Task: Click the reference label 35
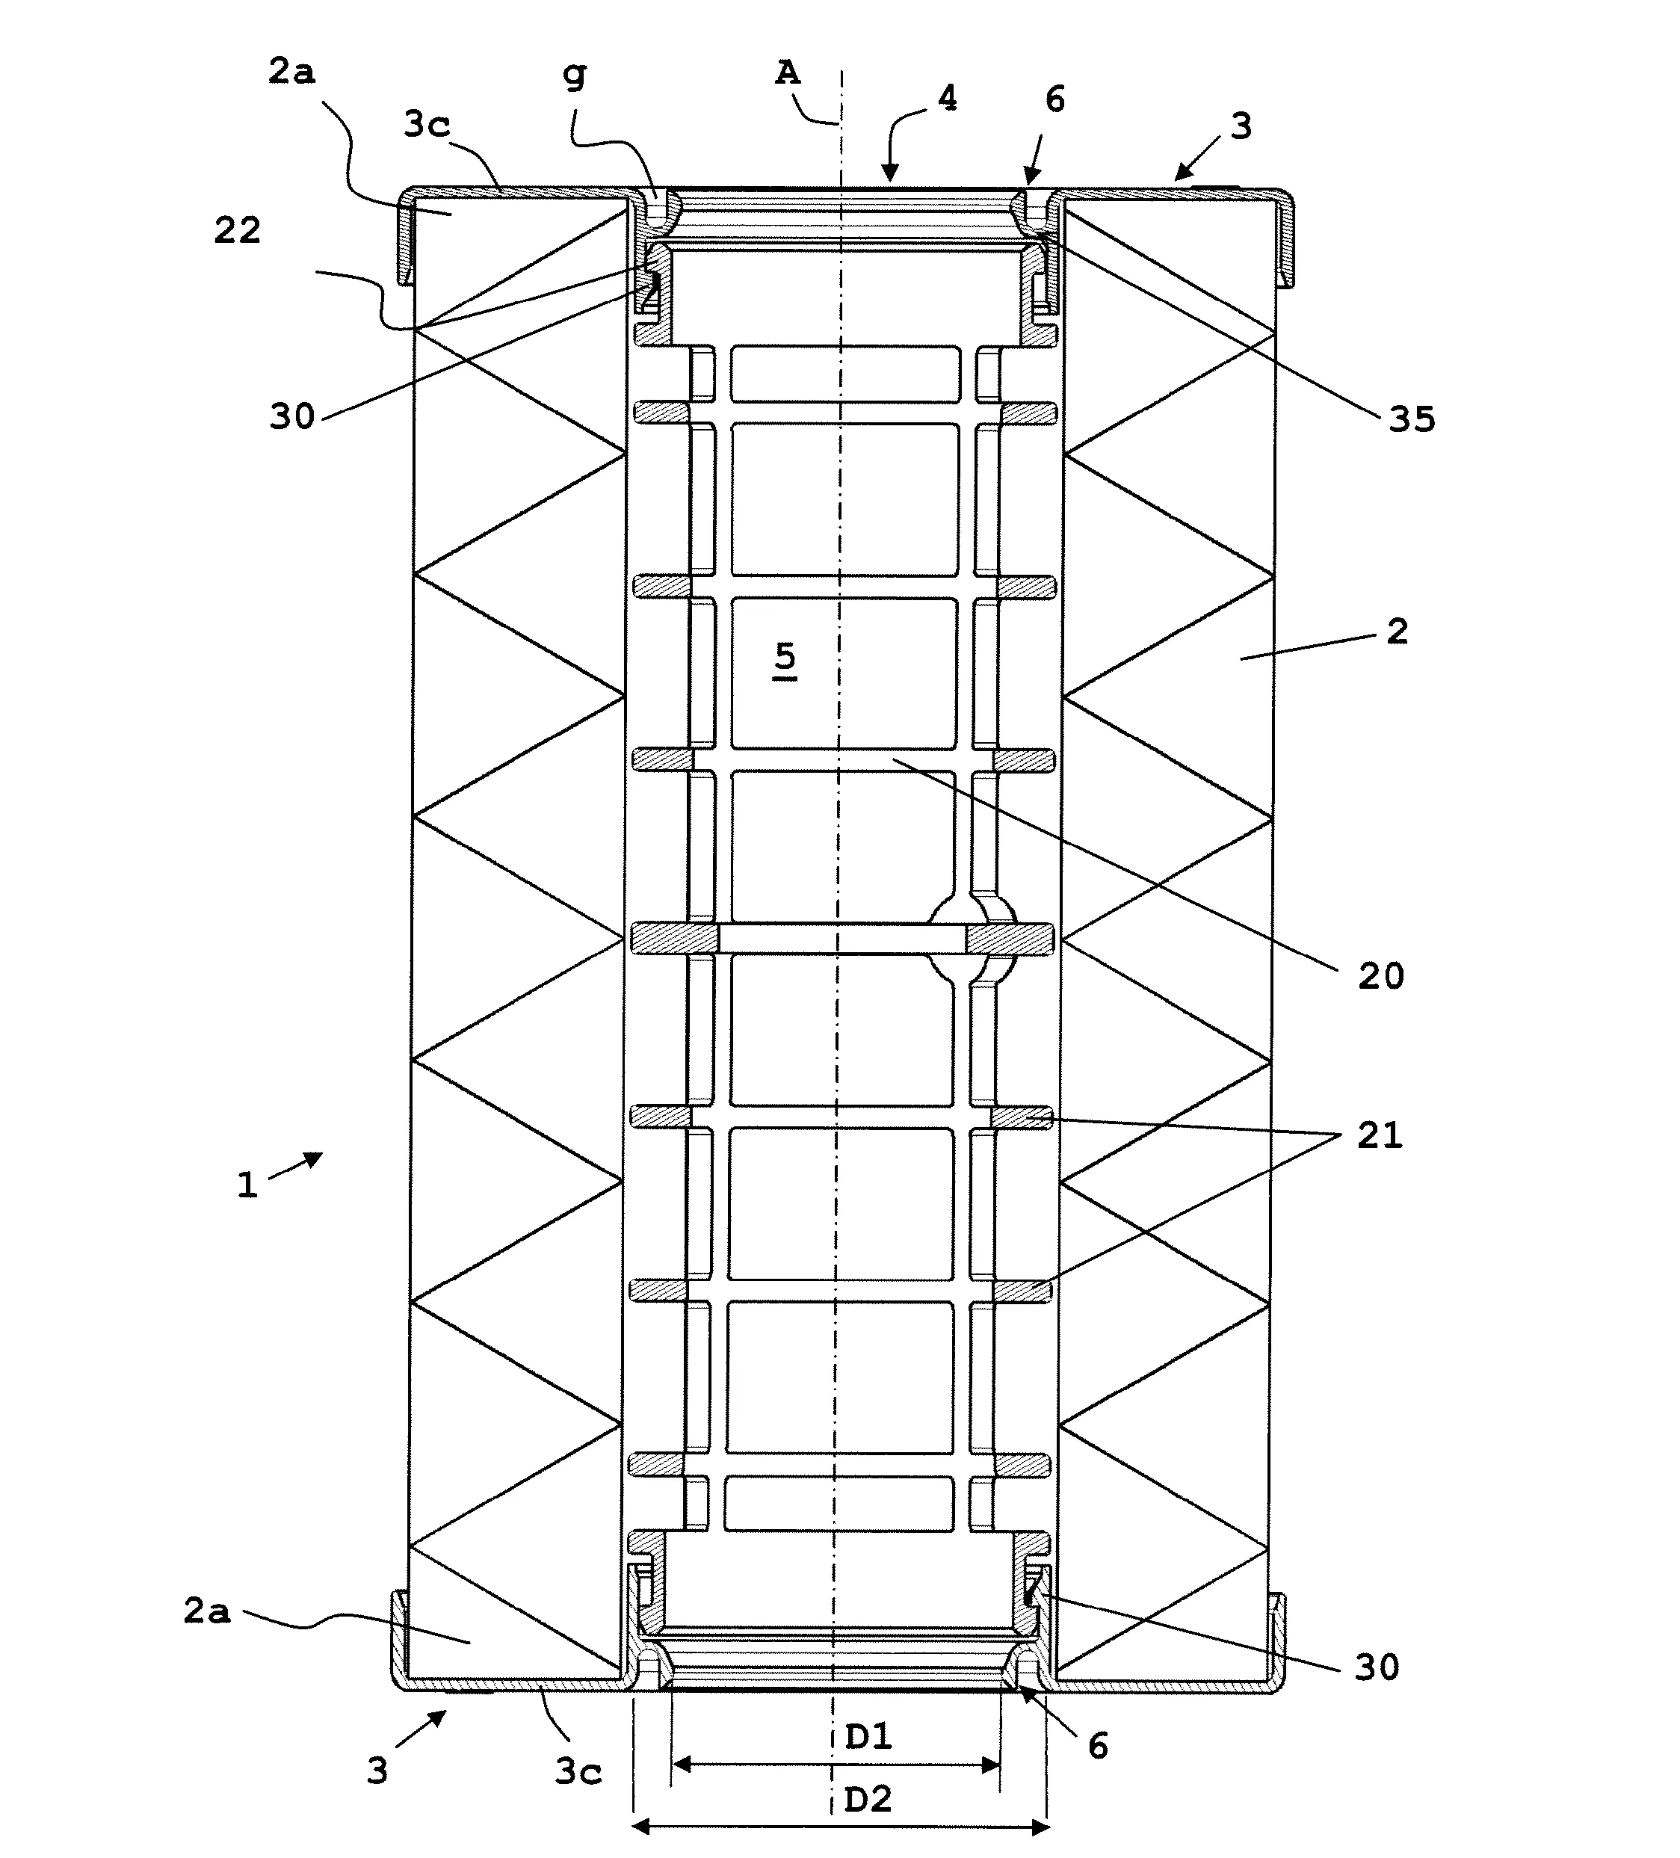[x=1412, y=419]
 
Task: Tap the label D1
[x=868, y=1736]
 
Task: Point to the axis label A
[x=787, y=72]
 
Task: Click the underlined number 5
[x=784, y=656]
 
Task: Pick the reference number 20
[x=1380, y=976]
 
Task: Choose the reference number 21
[x=1380, y=1135]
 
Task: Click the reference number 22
[x=238, y=230]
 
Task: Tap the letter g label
[x=574, y=74]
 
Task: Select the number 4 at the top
[x=946, y=98]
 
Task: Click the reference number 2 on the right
[x=1397, y=632]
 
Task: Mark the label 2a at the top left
[x=292, y=72]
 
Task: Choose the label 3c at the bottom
[x=578, y=1771]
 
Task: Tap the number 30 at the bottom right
[x=1377, y=1667]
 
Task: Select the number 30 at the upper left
[x=292, y=416]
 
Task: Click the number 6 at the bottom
[x=1098, y=1746]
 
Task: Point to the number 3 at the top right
[x=1241, y=126]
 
